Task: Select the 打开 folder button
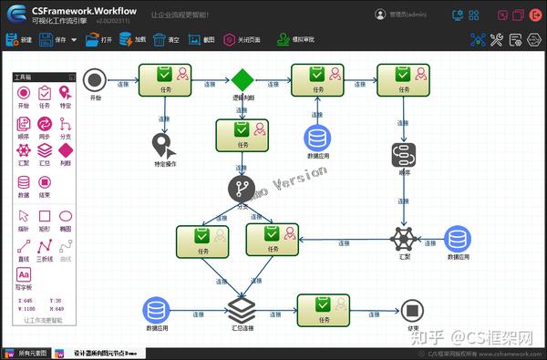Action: pyautogui.click(x=99, y=40)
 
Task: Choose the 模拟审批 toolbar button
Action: pyautogui.click(x=297, y=40)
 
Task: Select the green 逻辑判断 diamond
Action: pyautogui.click(x=242, y=79)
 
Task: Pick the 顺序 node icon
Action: pyautogui.click(x=404, y=154)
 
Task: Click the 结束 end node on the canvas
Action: pyautogui.click(x=413, y=310)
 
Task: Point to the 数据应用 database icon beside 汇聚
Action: pyautogui.click(x=458, y=239)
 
